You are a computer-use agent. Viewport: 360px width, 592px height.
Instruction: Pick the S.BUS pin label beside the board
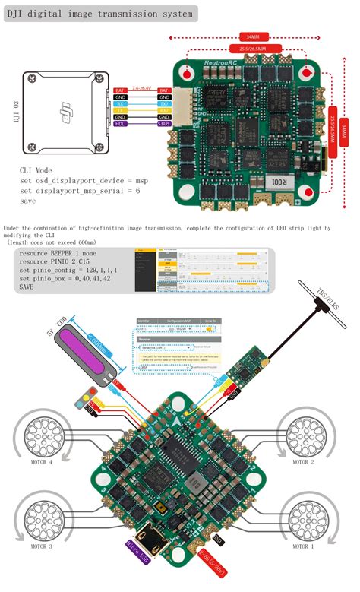tap(165, 123)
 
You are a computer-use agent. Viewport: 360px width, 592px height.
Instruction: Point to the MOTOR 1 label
tap(301, 545)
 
